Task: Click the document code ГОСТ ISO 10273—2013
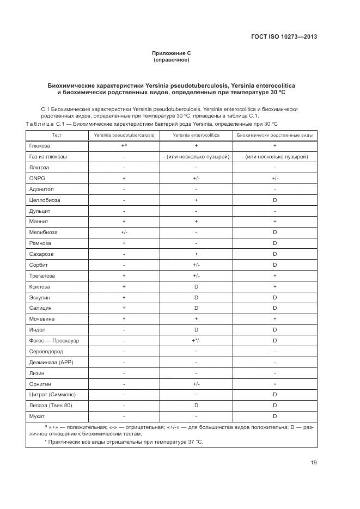[x=284, y=37]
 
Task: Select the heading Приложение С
[x=171, y=53]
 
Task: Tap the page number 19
[x=314, y=463]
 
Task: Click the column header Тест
[x=57, y=135]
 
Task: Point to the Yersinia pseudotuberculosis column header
[x=124, y=135]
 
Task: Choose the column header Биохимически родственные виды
[x=274, y=135]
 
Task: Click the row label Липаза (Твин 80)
[x=50, y=406]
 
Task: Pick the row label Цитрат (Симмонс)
[x=52, y=395]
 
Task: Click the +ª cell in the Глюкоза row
[x=124, y=146]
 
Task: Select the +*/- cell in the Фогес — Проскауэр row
[x=196, y=341]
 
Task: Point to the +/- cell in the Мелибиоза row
[x=124, y=232]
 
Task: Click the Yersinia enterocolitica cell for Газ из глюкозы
[x=196, y=157]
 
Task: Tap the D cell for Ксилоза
[x=196, y=287]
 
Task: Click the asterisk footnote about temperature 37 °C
[x=123, y=442]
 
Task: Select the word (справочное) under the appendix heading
[x=171, y=60]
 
